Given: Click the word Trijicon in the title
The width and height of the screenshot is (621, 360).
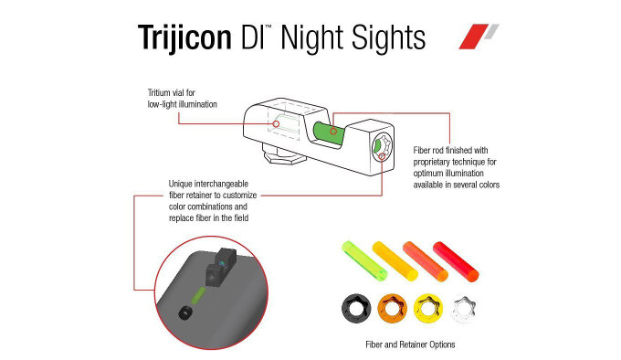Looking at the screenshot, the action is click(184, 38).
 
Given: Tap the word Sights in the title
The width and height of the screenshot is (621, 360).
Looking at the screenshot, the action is click(388, 38).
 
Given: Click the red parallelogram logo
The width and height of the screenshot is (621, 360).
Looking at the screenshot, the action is click(473, 37).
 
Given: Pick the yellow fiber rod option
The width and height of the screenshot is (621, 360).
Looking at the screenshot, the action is click(395, 261).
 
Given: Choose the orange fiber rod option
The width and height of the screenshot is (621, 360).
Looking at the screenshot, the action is click(426, 261).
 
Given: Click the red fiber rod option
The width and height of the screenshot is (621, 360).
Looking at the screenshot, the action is click(457, 261).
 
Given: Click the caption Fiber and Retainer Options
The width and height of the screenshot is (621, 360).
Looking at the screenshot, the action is click(410, 344).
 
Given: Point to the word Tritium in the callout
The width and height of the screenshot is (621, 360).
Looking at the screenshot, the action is click(159, 92).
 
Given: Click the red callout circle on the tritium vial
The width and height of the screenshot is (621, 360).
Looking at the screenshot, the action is click(276, 124).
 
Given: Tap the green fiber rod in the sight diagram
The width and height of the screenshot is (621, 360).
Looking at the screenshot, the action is click(328, 132).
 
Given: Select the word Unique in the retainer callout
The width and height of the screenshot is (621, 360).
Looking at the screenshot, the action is click(181, 184).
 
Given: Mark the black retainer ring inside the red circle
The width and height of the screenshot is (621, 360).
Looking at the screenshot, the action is click(184, 313).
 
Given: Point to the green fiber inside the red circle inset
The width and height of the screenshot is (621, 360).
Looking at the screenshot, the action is click(198, 295).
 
